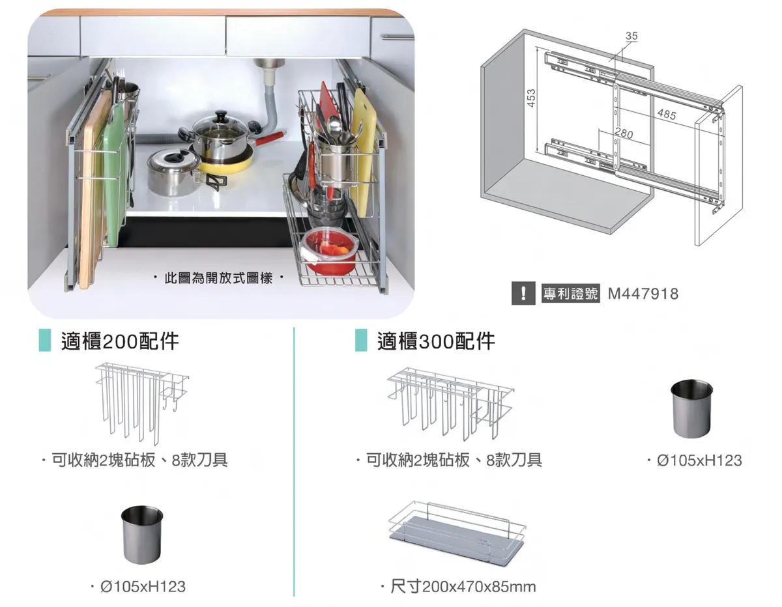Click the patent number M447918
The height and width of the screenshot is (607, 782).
coord(643,294)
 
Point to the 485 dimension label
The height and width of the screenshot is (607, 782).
coord(666,115)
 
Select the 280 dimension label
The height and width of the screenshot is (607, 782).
coord(624,134)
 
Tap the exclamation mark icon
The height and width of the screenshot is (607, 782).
coord(523,294)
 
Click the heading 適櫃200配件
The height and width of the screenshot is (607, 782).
coord(120,341)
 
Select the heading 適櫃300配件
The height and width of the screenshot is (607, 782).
coord(436,341)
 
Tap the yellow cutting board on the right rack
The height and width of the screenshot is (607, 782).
coord(361,150)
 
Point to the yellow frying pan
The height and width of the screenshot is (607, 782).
coord(225,163)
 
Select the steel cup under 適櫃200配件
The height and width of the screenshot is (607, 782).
coord(141,534)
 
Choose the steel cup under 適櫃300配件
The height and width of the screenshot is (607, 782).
coord(691,408)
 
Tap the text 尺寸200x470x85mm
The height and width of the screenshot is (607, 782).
coord(463,587)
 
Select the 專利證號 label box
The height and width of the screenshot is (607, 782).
coord(570,294)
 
